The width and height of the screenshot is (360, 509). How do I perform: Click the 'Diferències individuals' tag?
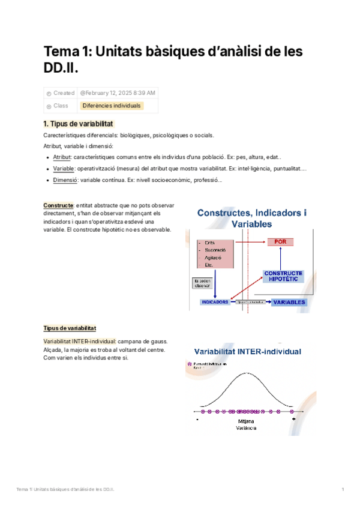coord(112,106)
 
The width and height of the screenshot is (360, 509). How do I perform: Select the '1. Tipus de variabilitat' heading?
coord(78,124)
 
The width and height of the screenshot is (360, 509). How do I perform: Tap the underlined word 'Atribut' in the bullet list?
coord(62,157)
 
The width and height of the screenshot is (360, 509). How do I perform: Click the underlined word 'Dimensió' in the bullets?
coord(64,180)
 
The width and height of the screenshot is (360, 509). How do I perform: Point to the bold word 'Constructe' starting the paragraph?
coord(59,205)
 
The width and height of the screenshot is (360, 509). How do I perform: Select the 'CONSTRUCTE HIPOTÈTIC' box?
coord(283,276)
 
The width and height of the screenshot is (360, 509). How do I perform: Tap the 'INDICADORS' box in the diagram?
coord(215,302)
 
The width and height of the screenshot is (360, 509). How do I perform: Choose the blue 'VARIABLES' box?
coord(289,302)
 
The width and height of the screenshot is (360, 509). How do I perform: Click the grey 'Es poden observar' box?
coord(202,283)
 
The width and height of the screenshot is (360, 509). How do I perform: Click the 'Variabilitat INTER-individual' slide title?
coord(247,352)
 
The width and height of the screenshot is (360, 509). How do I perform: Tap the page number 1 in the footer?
coord(342,489)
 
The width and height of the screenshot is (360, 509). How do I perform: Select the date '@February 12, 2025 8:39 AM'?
coord(118,93)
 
